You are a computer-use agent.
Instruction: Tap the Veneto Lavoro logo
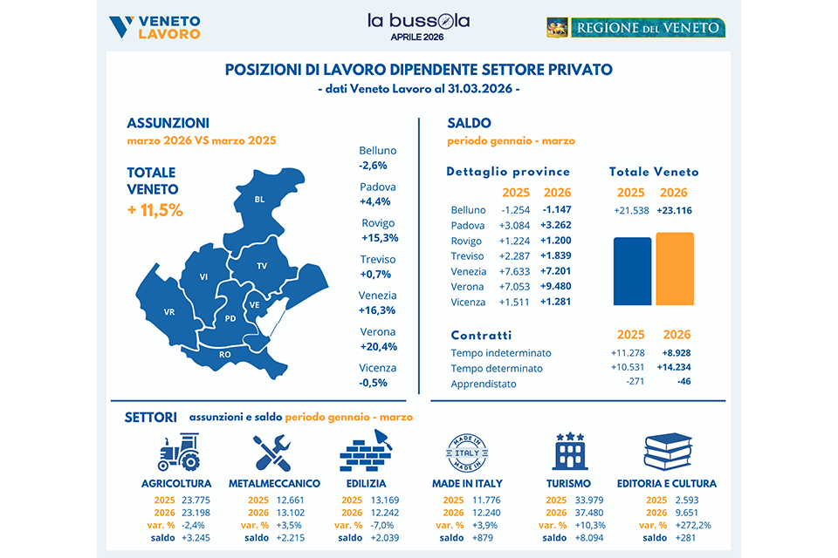tap(156, 27)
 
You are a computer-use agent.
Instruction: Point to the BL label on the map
tap(259, 200)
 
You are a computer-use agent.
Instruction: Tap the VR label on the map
tap(169, 311)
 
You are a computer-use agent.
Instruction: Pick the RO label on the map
tap(224, 355)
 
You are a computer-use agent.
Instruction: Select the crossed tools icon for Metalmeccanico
tap(272, 453)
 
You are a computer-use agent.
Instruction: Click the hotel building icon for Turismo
tap(569, 453)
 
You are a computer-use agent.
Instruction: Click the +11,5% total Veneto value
tap(155, 210)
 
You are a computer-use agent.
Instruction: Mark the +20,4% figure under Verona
tap(377, 345)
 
